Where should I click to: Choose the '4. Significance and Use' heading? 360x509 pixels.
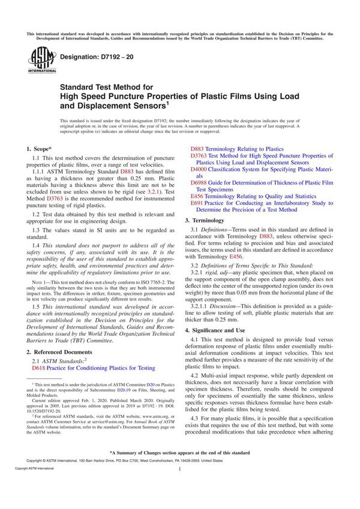coord(227,330)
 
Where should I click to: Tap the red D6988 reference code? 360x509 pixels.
coord(200,182)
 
